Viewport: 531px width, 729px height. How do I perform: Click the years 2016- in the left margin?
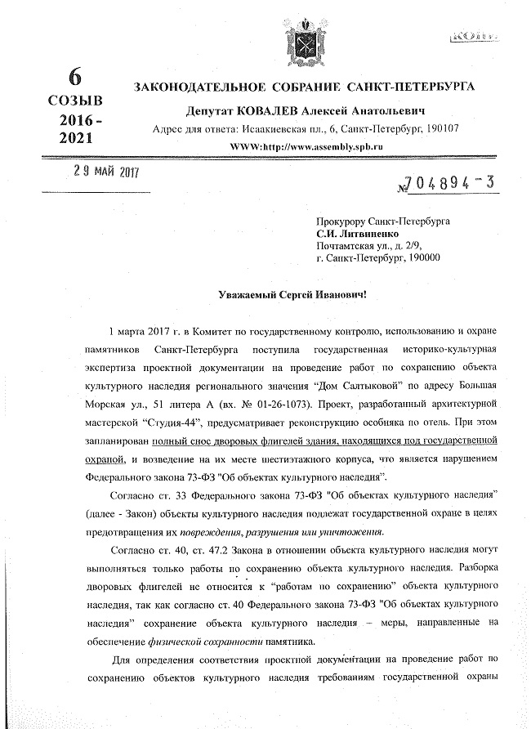(80, 121)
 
